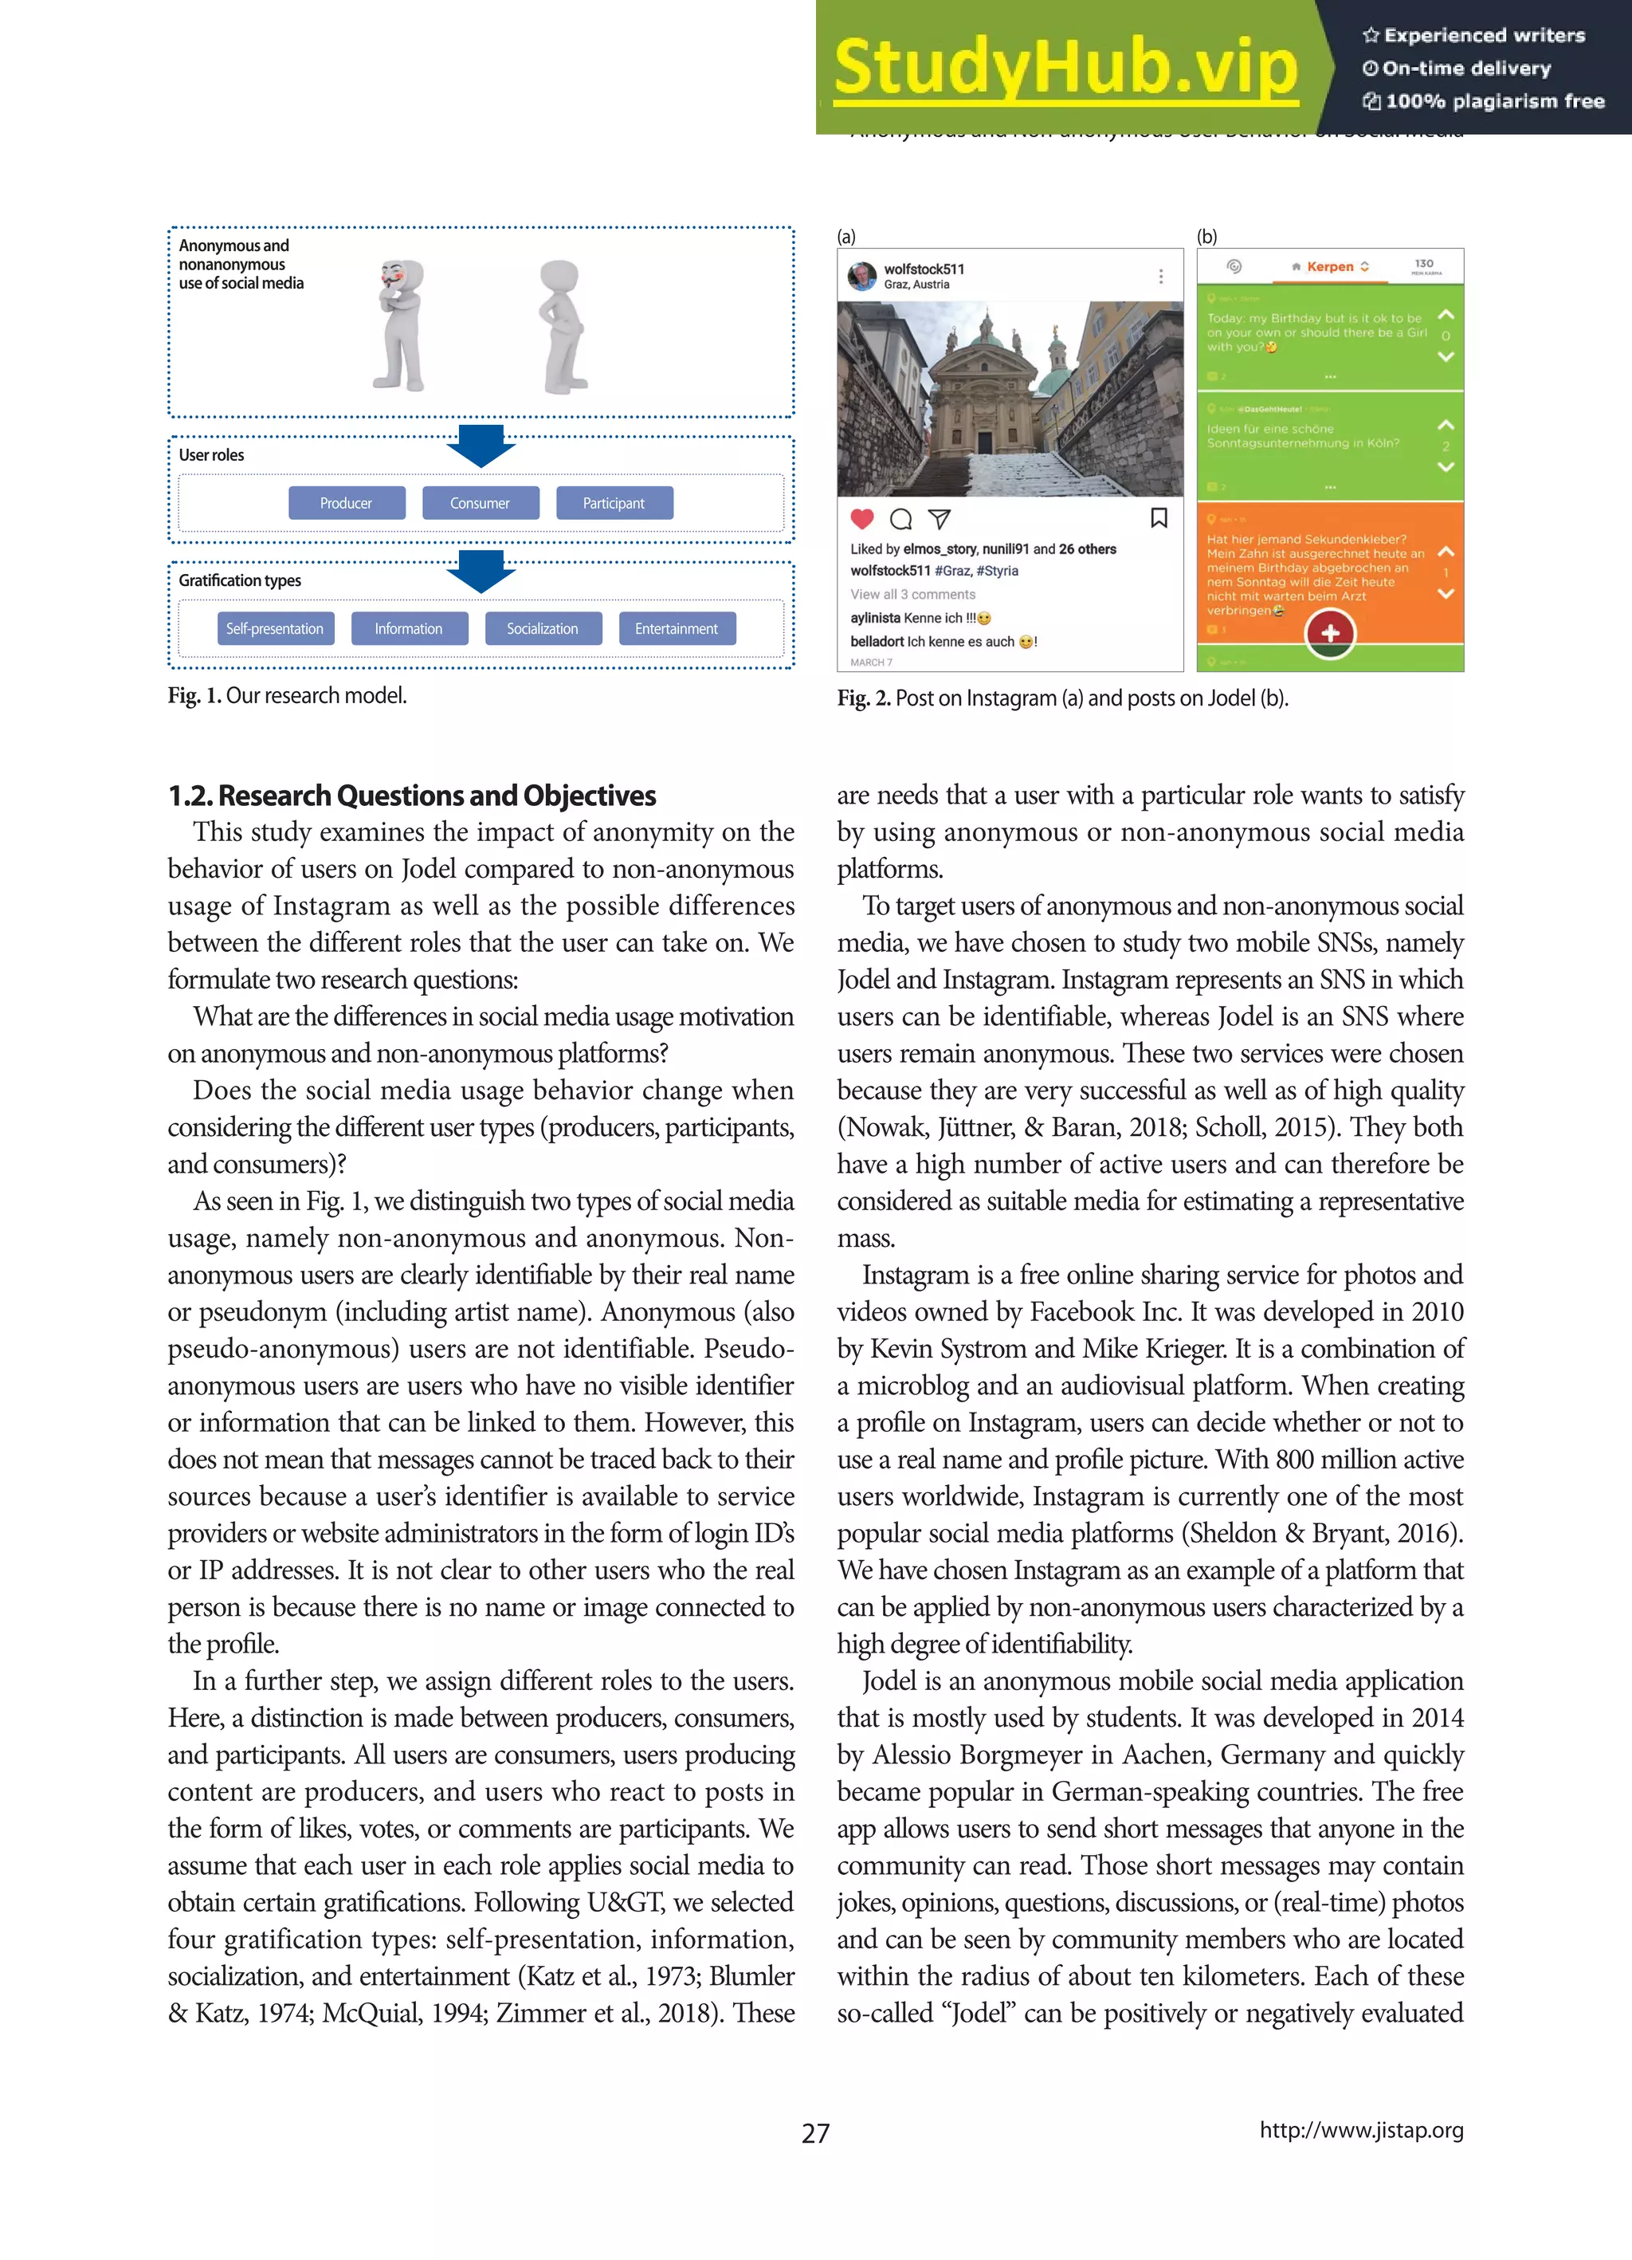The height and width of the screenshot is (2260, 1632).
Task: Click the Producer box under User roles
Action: [x=347, y=503]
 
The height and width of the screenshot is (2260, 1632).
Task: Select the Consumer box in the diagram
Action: [x=481, y=503]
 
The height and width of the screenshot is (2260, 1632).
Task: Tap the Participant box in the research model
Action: [x=614, y=503]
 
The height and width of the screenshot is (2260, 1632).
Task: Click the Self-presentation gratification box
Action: [x=275, y=629]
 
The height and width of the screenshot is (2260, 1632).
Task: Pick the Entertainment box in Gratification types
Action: [x=677, y=629]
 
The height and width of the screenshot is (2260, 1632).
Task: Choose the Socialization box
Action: [x=543, y=629]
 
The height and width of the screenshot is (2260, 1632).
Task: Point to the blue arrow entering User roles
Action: [x=481, y=446]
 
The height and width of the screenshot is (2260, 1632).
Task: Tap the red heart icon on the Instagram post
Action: [x=862, y=519]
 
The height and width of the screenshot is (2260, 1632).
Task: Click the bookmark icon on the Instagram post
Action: [x=1159, y=518]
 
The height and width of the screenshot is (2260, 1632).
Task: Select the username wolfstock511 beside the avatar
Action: [x=924, y=269]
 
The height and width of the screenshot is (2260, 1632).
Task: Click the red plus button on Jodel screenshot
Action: [x=1329, y=634]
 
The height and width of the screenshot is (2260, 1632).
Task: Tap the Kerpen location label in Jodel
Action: [x=1330, y=267]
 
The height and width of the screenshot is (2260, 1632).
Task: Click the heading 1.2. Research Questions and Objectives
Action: [x=411, y=796]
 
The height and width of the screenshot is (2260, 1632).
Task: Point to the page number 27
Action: [x=815, y=2132]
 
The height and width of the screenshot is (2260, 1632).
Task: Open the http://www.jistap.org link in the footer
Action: [x=1361, y=2130]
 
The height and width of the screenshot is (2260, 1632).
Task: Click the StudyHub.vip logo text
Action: [x=1065, y=68]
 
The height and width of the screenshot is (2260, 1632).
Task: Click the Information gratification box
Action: [x=409, y=629]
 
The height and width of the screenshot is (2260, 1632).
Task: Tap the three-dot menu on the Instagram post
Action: [x=1161, y=276]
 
